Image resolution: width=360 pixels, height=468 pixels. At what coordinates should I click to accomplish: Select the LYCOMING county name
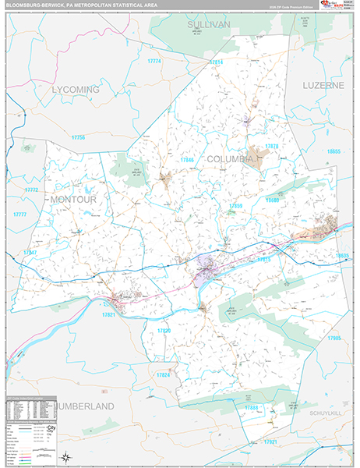tap(76, 90)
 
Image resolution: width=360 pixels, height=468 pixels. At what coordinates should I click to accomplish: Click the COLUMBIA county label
tap(231, 158)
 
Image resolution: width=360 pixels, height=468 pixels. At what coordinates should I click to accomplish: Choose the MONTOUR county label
tap(73, 200)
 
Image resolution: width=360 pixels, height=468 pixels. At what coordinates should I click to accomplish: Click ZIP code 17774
tap(154, 61)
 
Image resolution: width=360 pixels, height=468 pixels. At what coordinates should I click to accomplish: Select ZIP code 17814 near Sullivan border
tap(216, 62)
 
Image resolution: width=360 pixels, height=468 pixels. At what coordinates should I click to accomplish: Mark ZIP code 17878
tap(271, 146)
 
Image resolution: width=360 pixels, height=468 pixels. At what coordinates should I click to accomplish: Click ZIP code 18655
tap(334, 151)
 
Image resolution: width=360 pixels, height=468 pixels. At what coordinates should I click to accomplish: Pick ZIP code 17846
tap(187, 160)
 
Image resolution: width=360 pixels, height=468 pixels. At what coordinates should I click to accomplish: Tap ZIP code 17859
tap(235, 206)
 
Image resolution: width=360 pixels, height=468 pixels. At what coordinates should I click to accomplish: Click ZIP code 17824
tap(163, 375)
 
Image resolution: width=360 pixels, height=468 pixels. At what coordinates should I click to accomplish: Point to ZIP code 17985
tap(334, 338)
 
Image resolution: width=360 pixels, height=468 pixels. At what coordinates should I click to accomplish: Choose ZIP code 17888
tap(251, 407)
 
